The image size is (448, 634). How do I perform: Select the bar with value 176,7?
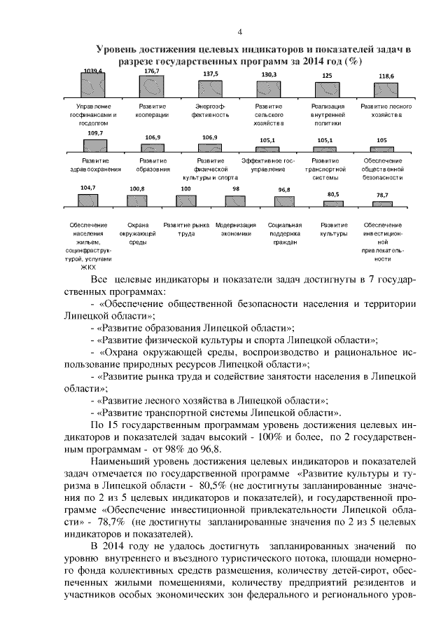(152, 85)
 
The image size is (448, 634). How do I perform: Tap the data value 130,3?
(269, 74)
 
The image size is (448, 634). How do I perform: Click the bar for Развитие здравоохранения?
(95, 146)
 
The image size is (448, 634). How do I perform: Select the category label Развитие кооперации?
(152, 110)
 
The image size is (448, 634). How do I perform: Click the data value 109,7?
(95, 132)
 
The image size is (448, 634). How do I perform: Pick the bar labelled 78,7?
(382, 202)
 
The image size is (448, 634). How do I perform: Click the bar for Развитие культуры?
(333, 202)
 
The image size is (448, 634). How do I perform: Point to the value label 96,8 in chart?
(283, 190)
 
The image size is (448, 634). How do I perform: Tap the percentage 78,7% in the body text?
(102, 522)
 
